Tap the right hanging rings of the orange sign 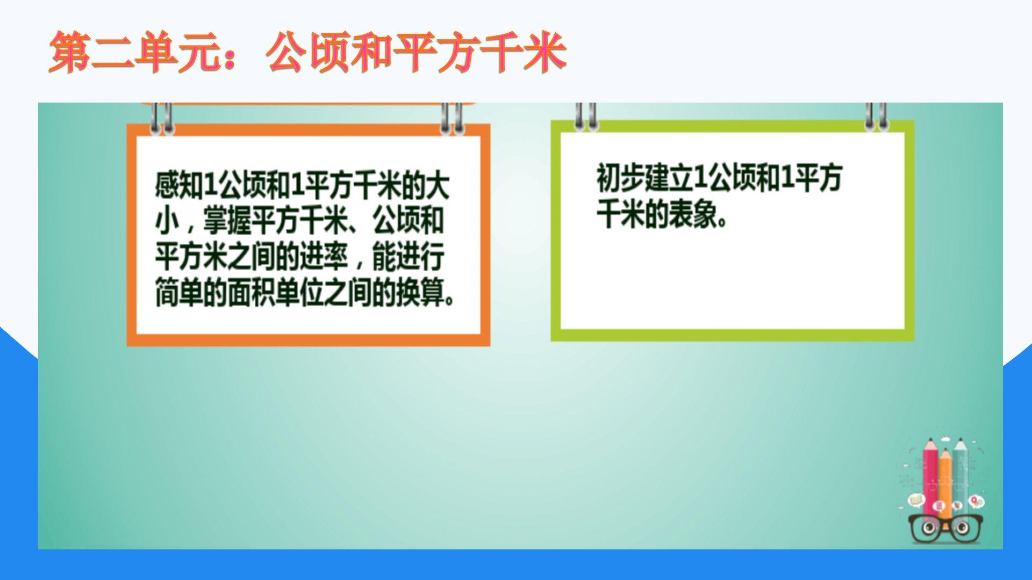(452, 118)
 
